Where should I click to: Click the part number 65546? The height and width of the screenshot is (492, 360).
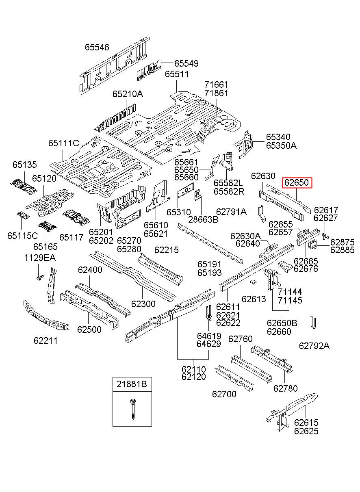pos(97,47)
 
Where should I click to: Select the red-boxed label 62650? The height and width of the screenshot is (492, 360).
pos(297,182)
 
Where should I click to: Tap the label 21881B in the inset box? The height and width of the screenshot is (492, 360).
pos(132,384)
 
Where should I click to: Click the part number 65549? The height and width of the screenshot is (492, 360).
pos(186,63)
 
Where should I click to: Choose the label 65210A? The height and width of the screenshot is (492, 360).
pos(128,94)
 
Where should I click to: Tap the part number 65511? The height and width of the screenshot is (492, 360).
pos(177,74)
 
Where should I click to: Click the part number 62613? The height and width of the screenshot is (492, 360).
pos(254,299)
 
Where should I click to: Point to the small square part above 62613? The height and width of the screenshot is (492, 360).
pos(253,282)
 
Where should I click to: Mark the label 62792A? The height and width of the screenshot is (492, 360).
pos(314,346)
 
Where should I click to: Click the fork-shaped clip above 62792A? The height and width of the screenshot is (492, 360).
pos(312,323)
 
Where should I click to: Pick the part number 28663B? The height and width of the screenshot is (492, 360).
pos(204,219)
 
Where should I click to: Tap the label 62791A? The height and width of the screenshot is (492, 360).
pos(232,212)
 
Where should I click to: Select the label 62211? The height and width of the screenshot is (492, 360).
pos(46,340)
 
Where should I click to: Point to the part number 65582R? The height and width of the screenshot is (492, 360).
pos(229,191)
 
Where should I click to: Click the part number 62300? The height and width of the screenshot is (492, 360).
pos(143,304)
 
